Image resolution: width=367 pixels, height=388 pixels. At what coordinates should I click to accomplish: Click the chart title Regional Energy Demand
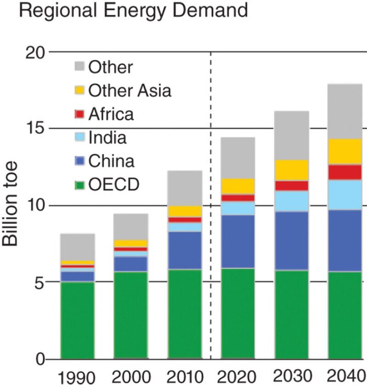(133, 10)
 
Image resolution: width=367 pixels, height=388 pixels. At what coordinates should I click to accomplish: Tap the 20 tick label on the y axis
(33, 52)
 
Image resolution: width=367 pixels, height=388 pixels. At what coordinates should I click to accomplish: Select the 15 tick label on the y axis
(33, 129)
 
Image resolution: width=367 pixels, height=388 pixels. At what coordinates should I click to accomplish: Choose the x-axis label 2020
(238, 377)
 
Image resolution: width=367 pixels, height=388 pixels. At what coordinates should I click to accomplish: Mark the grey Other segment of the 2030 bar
(292, 136)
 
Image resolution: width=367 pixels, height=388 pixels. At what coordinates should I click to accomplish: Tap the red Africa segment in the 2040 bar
(345, 172)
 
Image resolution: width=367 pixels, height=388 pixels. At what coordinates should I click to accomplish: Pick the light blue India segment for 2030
(292, 201)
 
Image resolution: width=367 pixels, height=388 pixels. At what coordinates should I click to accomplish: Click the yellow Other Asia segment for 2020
(238, 186)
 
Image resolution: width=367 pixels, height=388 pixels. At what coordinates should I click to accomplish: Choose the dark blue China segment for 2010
(184, 250)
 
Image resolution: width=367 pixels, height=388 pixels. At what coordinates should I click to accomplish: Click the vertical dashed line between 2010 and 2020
(211, 206)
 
